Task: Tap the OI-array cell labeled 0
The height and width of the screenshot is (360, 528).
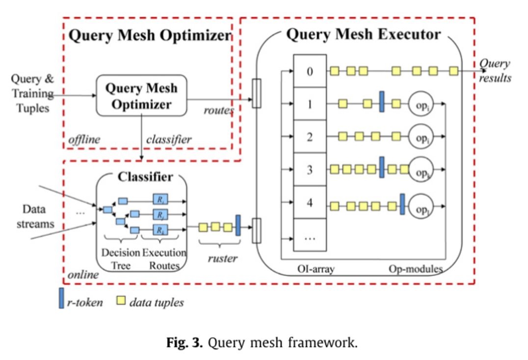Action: click(x=309, y=72)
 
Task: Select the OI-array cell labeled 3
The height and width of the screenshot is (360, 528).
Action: click(x=309, y=170)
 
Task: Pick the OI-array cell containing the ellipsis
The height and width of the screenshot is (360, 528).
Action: click(x=309, y=237)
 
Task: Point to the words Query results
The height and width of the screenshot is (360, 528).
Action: click(x=494, y=71)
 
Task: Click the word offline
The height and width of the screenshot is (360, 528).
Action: click(x=84, y=139)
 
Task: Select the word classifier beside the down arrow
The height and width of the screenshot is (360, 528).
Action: click(x=169, y=139)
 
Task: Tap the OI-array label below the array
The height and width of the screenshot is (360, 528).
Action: click(x=316, y=269)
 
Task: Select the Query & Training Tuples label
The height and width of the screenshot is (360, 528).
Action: click(x=32, y=93)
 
